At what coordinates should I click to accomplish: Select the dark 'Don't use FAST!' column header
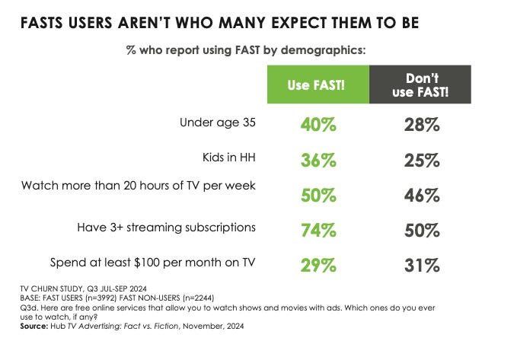click(421, 84)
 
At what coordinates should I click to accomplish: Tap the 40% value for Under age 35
click(317, 124)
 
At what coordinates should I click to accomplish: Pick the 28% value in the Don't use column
click(421, 124)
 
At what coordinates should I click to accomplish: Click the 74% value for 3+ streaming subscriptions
click(317, 229)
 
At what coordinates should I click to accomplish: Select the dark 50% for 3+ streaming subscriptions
click(421, 229)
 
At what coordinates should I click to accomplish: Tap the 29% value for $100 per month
click(317, 264)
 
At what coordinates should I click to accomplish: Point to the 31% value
click(421, 264)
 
